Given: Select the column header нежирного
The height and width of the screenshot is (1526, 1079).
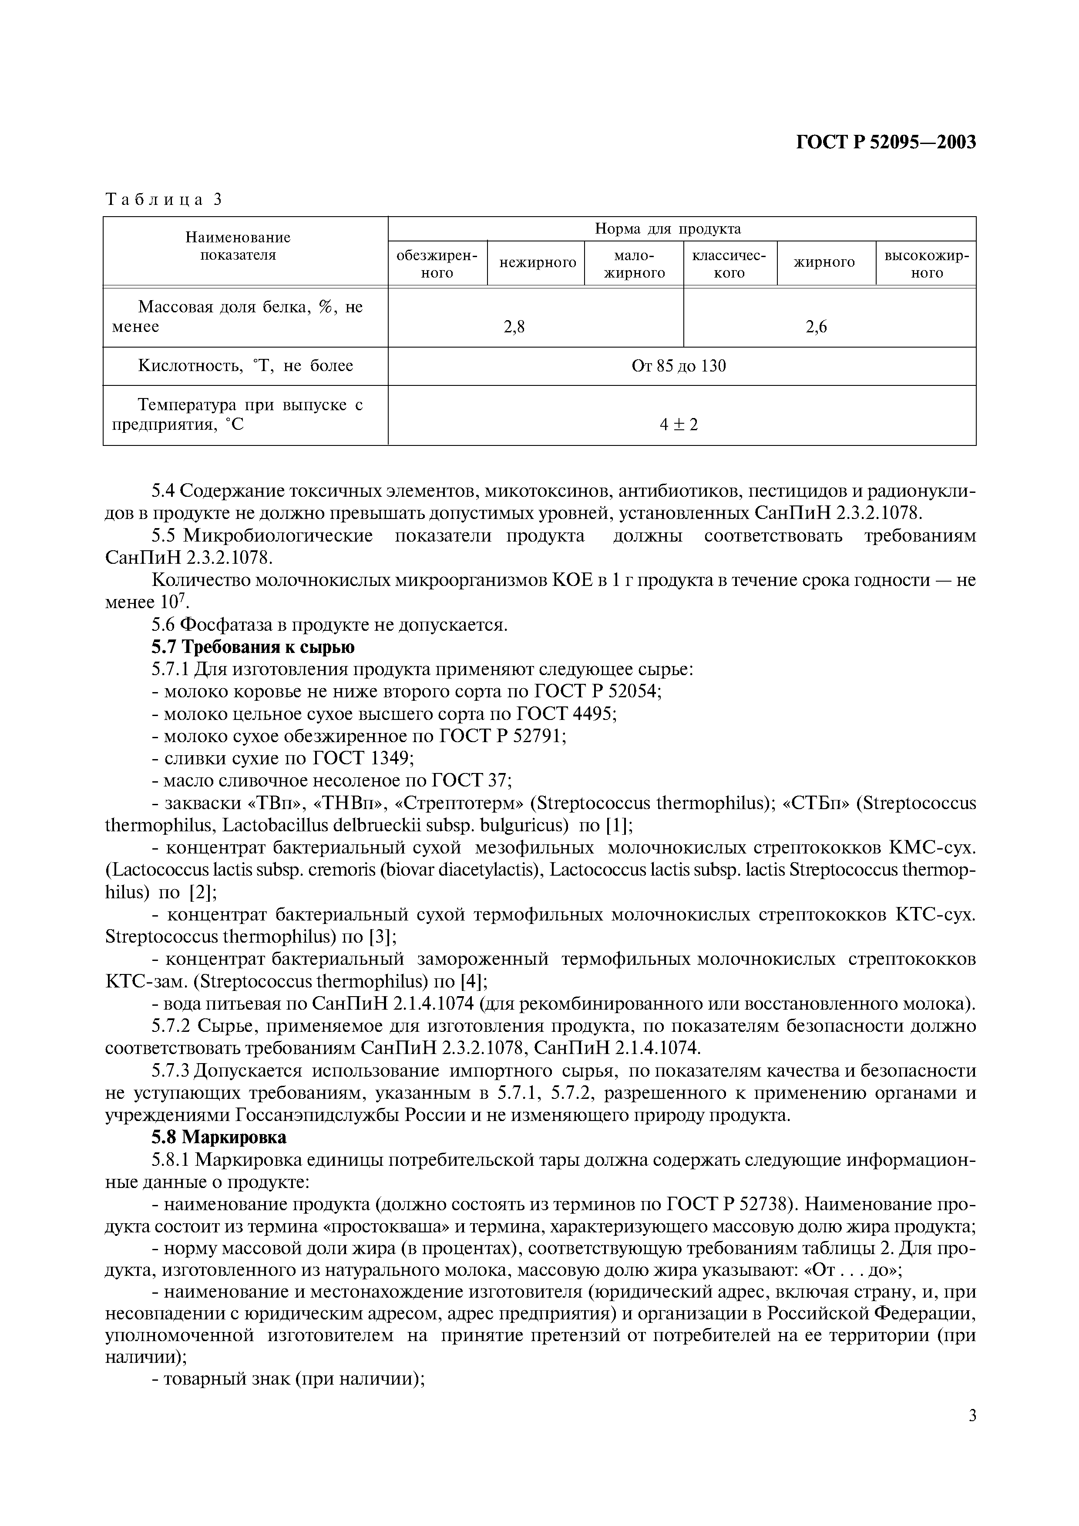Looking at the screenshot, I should pyautogui.click(x=537, y=263).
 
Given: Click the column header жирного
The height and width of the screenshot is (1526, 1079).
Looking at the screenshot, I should pyautogui.click(x=824, y=263).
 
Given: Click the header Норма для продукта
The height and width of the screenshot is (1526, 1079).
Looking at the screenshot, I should pyautogui.click(x=668, y=229).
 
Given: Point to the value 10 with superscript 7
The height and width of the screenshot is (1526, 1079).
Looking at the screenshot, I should pyautogui.click(x=174, y=602).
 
